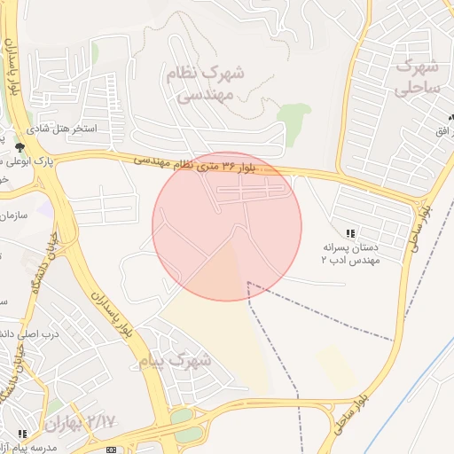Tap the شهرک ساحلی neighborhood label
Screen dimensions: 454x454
click(x=417, y=76)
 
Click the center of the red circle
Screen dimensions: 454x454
click(x=227, y=227)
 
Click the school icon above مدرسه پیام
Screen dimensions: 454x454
click(x=22, y=434)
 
